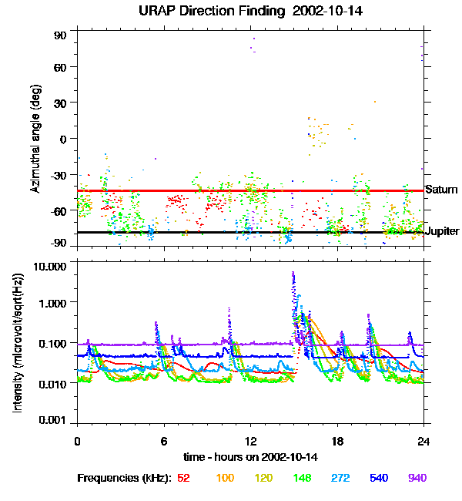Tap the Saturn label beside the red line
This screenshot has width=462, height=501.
441,190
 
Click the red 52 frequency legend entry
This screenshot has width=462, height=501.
183,478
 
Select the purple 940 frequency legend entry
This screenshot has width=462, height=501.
417,478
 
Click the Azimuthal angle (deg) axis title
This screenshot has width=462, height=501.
35,140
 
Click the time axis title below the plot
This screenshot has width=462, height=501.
250,458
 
